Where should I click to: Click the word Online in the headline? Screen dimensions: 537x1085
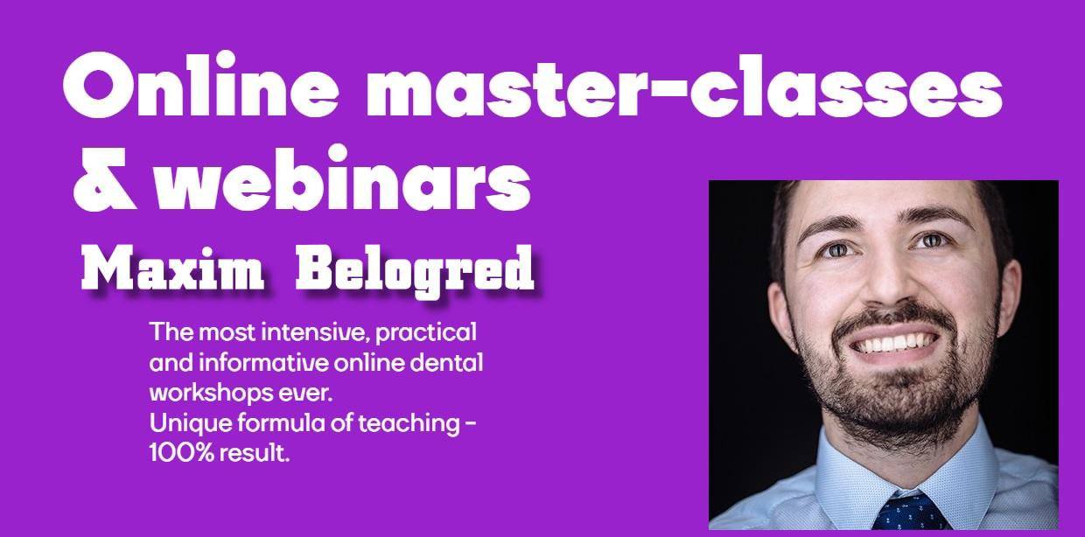[193, 86]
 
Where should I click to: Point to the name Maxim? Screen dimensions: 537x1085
[172, 268]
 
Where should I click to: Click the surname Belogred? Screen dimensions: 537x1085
[414, 268]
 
